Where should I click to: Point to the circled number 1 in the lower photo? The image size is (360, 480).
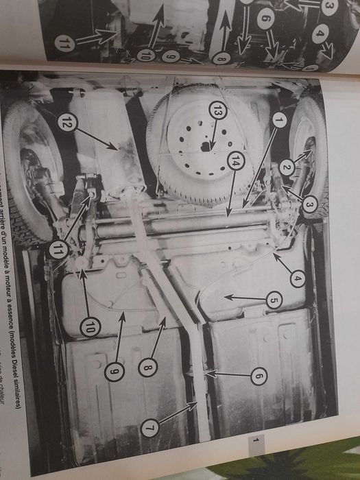tap(278, 119)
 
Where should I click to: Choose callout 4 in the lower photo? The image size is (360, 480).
tap(296, 279)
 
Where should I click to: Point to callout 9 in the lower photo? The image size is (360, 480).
tap(115, 371)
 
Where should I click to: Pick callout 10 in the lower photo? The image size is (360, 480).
tap(89, 328)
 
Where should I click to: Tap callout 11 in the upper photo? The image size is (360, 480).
tap(65, 47)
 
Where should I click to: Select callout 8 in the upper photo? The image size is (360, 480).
tap(219, 60)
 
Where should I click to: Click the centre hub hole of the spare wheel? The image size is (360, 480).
tap(204, 147)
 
